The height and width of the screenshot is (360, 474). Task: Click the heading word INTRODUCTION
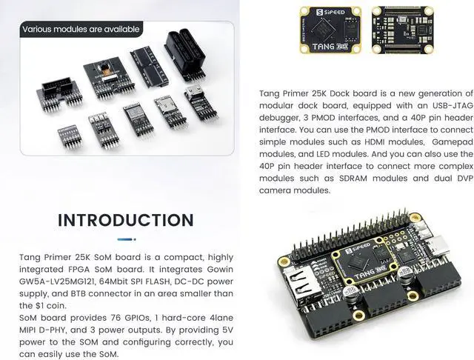[126, 220]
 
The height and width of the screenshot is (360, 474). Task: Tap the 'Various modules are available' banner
[81, 30]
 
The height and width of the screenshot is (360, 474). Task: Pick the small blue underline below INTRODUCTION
[125, 239]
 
